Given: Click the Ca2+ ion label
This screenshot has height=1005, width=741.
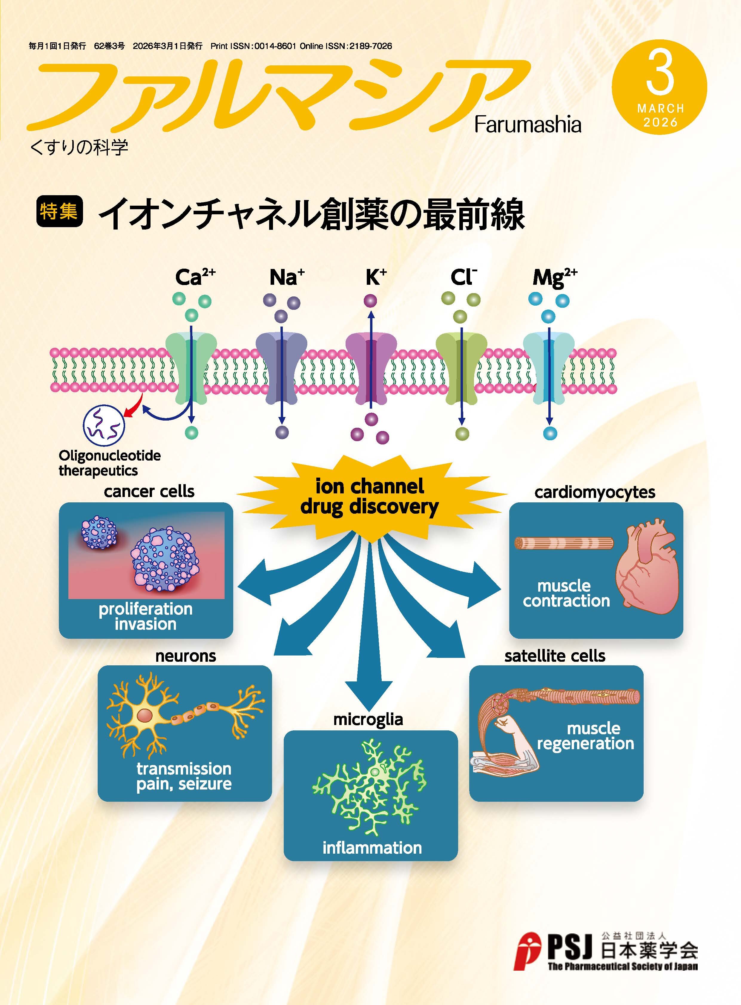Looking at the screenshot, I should pyautogui.click(x=195, y=278).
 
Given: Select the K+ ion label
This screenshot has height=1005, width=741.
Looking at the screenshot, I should pyautogui.click(x=375, y=278).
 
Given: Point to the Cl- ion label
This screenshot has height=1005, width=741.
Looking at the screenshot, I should pyautogui.click(x=463, y=278).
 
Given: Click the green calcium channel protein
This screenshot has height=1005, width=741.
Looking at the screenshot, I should pyautogui.click(x=191, y=367).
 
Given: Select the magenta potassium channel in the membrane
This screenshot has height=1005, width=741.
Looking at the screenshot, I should pyautogui.click(x=371, y=367).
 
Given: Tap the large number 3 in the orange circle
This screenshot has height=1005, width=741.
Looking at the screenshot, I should pyautogui.click(x=660, y=74).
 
